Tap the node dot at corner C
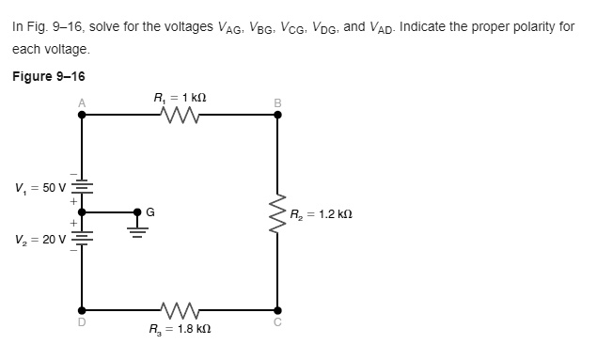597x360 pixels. [277, 309]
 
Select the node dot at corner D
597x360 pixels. [83, 309]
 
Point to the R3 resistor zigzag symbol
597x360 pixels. [180, 309]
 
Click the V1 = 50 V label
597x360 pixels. [37, 187]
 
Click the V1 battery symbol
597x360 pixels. [83, 187]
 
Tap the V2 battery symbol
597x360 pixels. [83, 237]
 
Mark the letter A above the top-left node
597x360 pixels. [83, 102]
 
